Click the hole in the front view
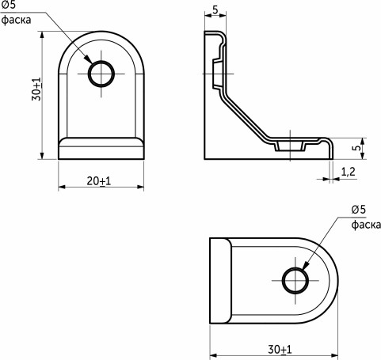[x=101, y=74]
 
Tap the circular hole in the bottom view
[x=295, y=280]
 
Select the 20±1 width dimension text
[x=99, y=181]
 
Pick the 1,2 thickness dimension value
[x=348, y=171]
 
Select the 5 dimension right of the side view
[x=357, y=148]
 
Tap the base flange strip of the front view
[x=101, y=147]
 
